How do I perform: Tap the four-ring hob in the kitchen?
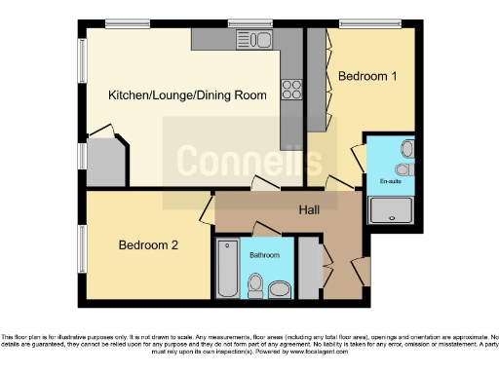click(291, 90)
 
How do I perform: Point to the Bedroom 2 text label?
click(148, 245)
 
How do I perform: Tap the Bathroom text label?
click(264, 255)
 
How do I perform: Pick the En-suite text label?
click(390, 181)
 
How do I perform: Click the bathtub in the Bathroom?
click(226, 269)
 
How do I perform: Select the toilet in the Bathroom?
click(256, 285)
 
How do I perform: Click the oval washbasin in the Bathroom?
click(280, 288)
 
